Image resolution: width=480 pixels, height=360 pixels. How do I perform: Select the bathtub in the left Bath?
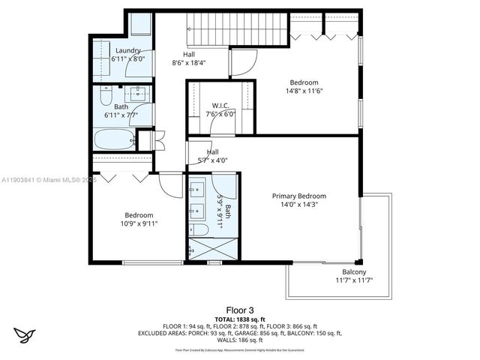click(114, 139)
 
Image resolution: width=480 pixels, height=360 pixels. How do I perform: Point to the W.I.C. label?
click(220, 106)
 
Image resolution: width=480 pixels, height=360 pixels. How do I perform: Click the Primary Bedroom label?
click(298, 196)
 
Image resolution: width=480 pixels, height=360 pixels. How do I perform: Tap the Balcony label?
click(354, 271)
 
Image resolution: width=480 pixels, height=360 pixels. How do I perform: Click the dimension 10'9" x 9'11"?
click(139, 223)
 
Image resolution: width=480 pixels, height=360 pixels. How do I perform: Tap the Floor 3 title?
click(240, 309)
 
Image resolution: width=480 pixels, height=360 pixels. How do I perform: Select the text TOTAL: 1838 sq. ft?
click(240, 319)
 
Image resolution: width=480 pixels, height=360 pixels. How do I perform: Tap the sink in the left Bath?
click(138, 94)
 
